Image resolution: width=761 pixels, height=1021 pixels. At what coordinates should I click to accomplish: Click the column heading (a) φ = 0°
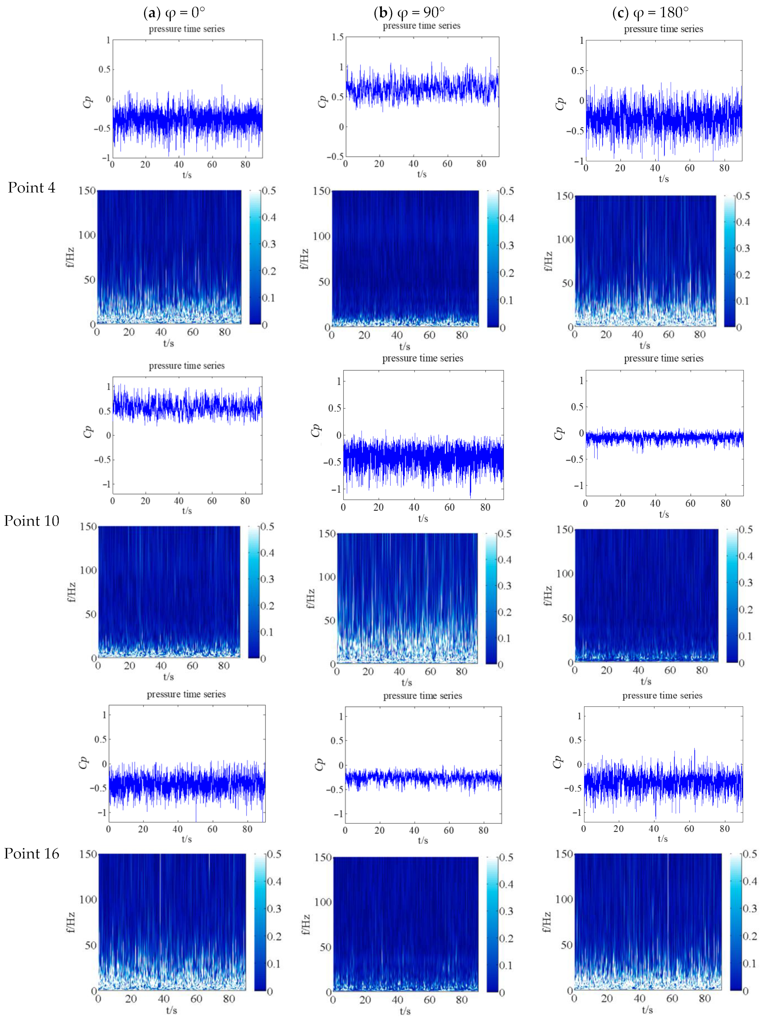click(174, 12)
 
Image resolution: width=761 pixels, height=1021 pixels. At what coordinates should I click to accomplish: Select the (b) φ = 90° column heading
click(409, 12)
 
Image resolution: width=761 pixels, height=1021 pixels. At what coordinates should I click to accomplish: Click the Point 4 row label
click(31, 188)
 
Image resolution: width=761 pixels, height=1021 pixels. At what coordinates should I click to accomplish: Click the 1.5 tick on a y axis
click(338, 37)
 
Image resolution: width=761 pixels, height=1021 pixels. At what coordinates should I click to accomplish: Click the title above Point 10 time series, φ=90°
click(423, 358)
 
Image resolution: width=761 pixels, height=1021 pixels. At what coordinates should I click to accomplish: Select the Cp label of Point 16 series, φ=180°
click(558, 761)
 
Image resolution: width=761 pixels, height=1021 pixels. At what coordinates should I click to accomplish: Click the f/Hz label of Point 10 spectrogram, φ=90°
click(310, 598)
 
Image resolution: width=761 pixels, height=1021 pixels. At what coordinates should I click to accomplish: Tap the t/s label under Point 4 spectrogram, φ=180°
click(644, 345)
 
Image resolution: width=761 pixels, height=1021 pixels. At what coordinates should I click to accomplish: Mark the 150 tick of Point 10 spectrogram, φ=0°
click(89, 526)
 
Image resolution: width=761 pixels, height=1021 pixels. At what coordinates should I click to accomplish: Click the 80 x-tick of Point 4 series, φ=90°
click(481, 164)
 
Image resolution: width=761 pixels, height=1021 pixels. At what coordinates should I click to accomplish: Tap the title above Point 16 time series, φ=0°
click(186, 694)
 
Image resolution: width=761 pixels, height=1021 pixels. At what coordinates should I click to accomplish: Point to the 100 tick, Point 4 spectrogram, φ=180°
click(565, 239)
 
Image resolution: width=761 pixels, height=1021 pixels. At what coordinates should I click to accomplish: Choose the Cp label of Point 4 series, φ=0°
click(88, 101)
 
